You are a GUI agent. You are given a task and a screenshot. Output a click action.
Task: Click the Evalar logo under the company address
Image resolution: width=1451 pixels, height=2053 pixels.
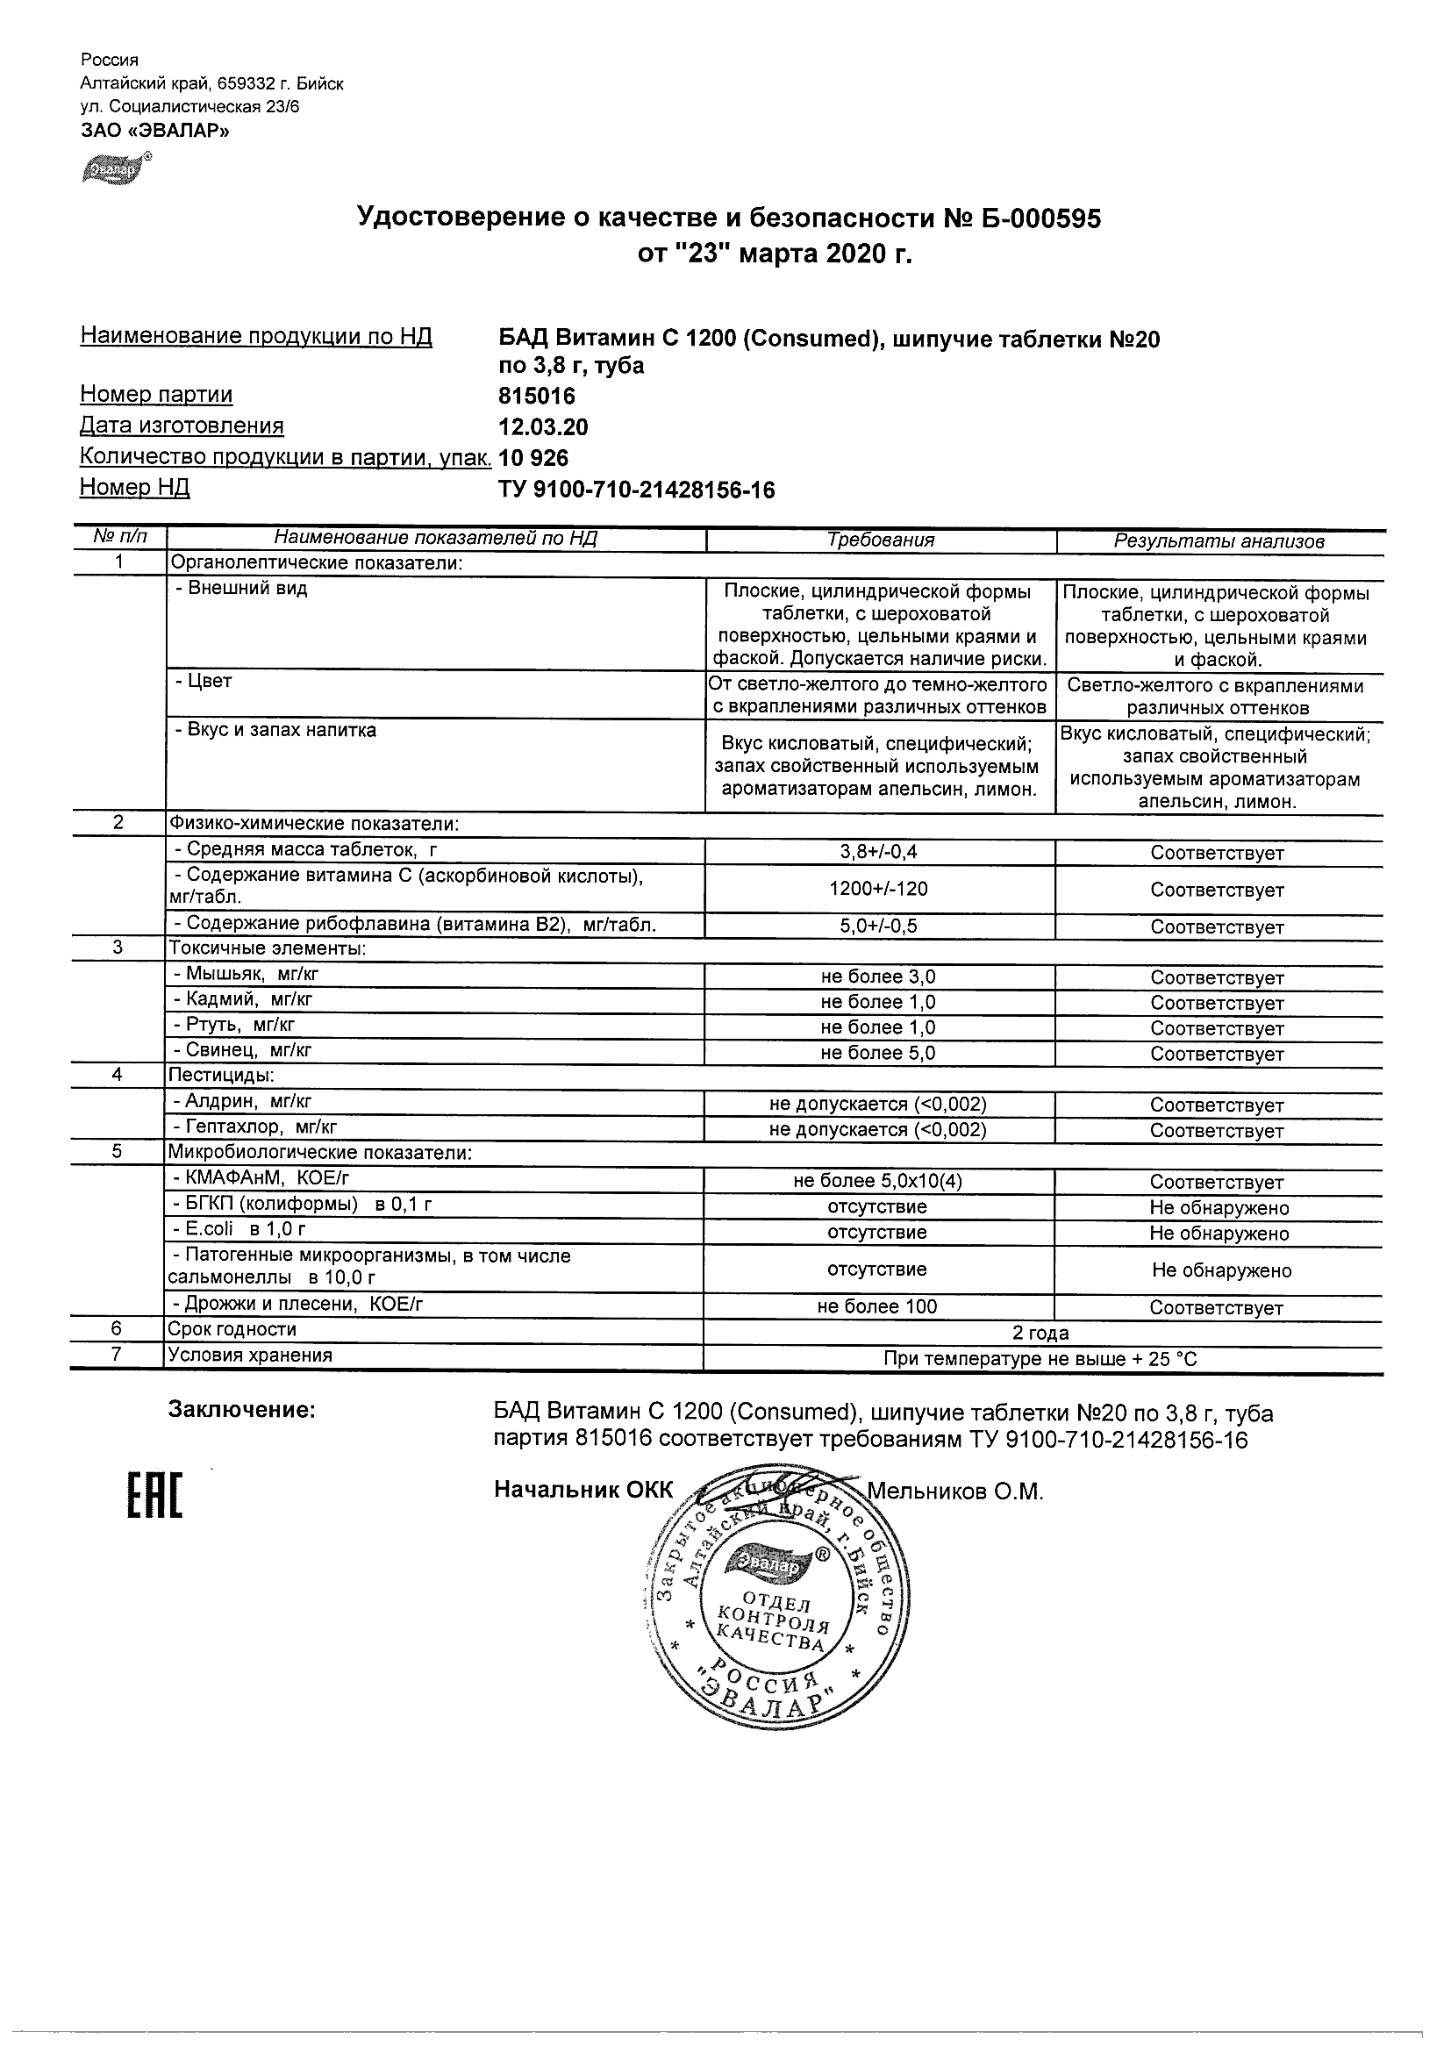click(115, 168)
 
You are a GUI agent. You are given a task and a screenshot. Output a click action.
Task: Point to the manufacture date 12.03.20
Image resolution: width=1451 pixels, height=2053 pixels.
click(543, 427)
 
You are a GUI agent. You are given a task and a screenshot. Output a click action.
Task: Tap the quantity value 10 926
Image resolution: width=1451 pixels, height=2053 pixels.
click(533, 459)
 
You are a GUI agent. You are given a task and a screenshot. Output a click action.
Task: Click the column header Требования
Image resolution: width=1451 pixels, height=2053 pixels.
click(880, 540)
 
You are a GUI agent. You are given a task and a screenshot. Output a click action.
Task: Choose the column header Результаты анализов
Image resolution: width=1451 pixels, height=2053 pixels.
click(1219, 541)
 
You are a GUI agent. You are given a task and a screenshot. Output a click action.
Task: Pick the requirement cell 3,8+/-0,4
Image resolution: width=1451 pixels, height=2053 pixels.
click(878, 852)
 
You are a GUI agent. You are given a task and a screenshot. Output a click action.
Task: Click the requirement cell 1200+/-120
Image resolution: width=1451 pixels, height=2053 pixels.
click(878, 889)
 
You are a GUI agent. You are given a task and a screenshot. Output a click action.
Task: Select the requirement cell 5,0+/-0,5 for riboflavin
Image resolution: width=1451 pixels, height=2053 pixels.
click(878, 926)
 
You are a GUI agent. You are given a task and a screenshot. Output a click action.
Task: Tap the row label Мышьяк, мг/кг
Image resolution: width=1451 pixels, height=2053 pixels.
click(241, 975)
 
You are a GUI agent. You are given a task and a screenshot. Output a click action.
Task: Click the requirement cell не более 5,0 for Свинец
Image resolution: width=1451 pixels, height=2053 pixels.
click(878, 1054)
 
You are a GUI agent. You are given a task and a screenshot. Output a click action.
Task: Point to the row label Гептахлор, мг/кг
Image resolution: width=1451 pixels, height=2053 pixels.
click(254, 1128)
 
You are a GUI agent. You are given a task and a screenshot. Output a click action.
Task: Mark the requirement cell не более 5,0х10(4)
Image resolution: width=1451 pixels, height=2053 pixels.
click(878, 1181)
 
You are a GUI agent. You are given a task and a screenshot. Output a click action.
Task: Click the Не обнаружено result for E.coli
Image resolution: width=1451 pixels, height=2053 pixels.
click(1219, 1234)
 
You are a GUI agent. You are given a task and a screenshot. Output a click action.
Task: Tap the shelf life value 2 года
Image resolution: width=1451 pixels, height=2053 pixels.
click(1040, 1334)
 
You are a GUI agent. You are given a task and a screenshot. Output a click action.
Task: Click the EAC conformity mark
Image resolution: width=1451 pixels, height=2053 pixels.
click(154, 1495)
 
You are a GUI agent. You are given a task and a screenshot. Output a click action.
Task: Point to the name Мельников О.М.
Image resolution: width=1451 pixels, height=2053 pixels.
click(954, 1491)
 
